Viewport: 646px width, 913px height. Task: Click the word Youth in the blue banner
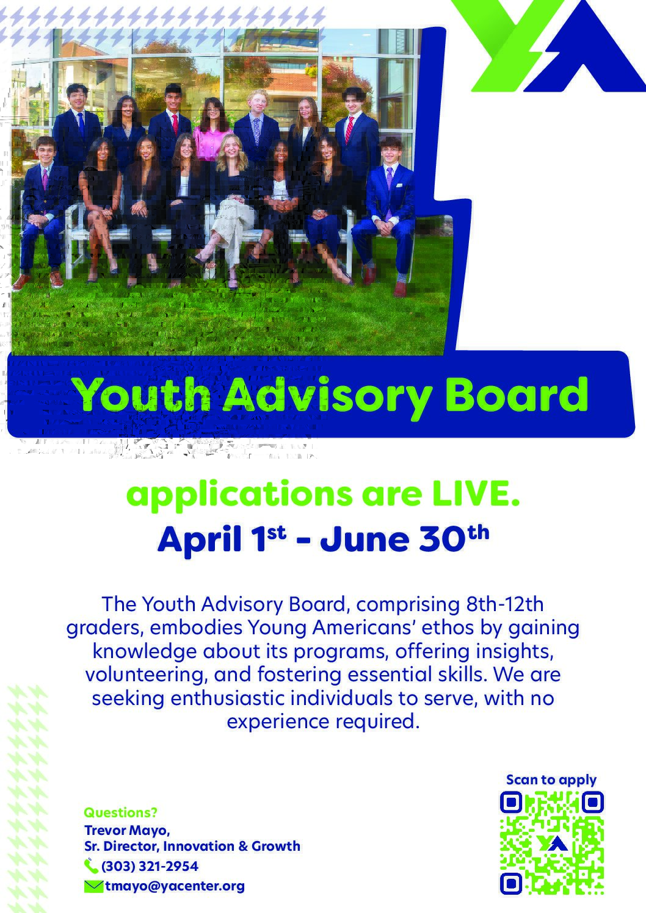142,395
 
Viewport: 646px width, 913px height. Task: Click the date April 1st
222,539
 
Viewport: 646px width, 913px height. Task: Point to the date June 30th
404,539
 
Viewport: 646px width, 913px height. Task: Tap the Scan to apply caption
551,780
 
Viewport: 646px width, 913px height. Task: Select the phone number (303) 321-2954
150,865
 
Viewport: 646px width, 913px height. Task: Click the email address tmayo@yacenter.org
175,886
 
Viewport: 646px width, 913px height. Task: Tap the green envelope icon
93,887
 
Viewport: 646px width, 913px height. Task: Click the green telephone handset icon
90,866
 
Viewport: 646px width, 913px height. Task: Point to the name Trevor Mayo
126,830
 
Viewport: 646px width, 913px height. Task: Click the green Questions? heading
120,812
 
